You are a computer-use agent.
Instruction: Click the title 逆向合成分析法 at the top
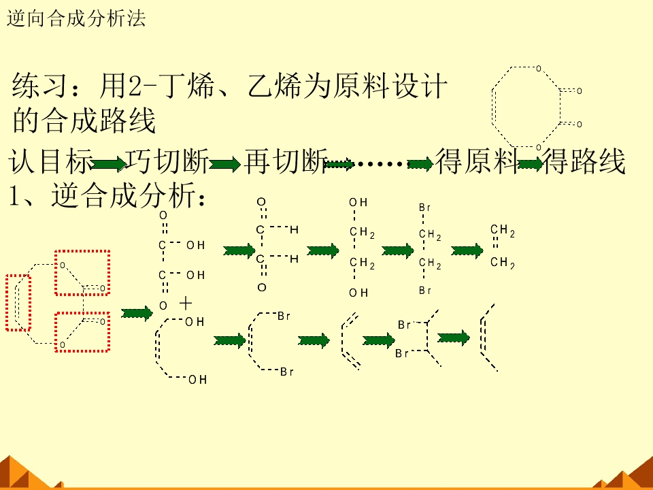click(76, 19)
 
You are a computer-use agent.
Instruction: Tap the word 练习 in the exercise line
click(39, 86)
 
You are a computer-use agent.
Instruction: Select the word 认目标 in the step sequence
click(50, 162)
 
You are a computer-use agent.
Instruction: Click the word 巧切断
click(167, 162)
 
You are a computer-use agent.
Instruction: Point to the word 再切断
click(286, 162)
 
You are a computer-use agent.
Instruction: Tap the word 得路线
click(584, 162)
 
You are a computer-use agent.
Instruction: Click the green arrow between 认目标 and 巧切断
click(109, 164)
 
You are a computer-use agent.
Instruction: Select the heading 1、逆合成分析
click(107, 195)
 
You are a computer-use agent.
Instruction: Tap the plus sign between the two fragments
click(185, 304)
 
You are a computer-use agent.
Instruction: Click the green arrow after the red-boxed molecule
click(137, 313)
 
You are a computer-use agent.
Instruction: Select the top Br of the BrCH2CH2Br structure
click(424, 208)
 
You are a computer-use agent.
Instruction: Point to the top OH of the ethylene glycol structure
click(358, 203)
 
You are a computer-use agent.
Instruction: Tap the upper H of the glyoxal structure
click(294, 229)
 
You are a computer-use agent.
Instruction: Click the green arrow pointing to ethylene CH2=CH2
click(467, 251)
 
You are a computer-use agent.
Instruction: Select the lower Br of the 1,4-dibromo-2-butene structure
click(287, 372)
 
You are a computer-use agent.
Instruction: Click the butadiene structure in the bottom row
click(350, 340)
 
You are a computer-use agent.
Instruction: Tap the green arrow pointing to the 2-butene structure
click(454, 338)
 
